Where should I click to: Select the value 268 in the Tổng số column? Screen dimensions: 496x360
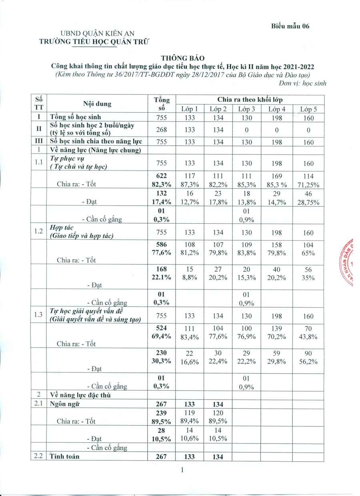[x=162, y=129]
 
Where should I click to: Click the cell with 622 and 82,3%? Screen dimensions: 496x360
[x=162, y=180]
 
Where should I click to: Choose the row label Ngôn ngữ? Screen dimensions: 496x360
[x=64, y=404]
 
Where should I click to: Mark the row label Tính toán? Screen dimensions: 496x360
[x=64, y=456]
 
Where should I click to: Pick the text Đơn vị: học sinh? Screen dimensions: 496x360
[x=302, y=83]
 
